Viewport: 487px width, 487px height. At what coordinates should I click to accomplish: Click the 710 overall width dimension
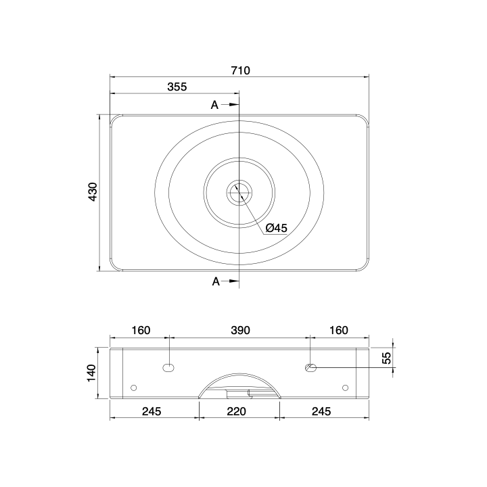(240, 70)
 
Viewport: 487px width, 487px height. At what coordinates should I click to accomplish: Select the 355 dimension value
(177, 87)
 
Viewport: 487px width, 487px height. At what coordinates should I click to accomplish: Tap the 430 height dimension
(93, 192)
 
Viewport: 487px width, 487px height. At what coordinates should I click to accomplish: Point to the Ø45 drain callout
(277, 228)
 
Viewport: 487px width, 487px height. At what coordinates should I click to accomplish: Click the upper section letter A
(214, 105)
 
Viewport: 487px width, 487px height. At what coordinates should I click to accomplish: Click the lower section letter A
(216, 281)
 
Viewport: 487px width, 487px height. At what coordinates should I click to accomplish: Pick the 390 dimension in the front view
(240, 330)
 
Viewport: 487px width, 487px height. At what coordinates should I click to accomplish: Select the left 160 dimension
(141, 330)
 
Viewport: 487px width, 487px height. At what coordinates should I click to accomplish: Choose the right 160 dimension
(339, 330)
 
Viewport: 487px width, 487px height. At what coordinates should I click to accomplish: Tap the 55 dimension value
(386, 358)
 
